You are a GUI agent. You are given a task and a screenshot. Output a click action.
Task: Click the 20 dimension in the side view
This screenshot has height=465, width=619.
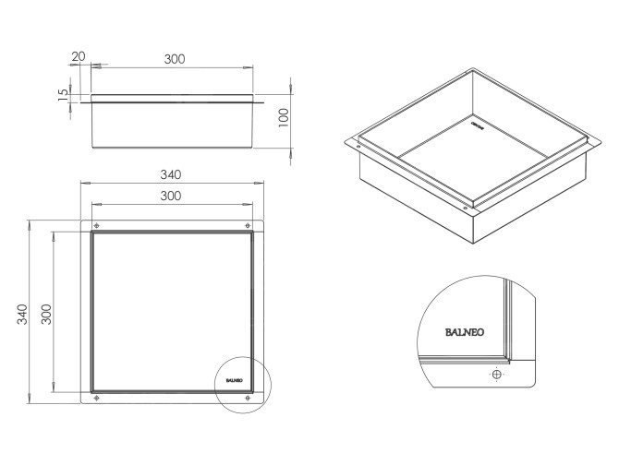[79, 57]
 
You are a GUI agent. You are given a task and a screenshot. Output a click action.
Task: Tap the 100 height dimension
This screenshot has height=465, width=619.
[284, 115]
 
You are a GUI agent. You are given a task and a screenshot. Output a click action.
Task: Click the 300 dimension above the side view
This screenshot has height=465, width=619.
[175, 58]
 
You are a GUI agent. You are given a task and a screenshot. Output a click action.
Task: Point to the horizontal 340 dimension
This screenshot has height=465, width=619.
[171, 174]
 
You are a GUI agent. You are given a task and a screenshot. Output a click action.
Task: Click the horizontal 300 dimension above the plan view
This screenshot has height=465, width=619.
[171, 196]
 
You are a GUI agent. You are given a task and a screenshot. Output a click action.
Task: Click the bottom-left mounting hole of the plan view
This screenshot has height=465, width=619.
[97, 398]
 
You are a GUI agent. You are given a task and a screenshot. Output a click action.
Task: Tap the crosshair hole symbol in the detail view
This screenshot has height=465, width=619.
[497, 375]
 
